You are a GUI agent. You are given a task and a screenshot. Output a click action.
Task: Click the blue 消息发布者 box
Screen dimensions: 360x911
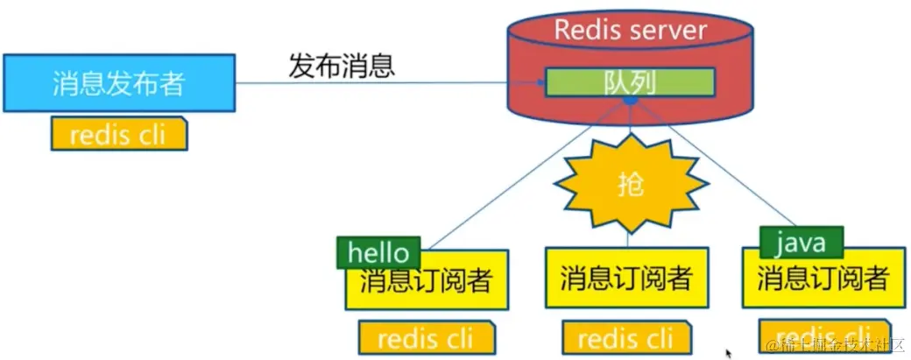118,83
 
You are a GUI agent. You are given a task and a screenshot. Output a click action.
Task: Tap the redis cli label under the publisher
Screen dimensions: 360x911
118,134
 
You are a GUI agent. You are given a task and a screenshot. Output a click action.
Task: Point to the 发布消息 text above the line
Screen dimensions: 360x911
342,65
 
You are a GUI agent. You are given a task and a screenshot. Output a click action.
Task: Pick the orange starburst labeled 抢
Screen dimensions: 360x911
632,183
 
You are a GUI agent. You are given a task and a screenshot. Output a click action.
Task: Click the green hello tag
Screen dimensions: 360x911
378,252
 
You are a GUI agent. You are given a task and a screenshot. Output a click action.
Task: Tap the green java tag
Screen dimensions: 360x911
801,242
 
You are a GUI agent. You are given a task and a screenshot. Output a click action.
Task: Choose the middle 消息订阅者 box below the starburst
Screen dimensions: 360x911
626,279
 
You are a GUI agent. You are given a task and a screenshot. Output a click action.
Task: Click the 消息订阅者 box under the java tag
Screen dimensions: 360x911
823,279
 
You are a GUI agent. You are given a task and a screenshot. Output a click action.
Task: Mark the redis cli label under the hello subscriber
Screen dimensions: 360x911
427,337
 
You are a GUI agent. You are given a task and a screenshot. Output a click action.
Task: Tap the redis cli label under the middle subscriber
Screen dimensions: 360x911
625,337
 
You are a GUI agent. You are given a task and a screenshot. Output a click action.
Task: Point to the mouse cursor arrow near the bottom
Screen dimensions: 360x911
729,353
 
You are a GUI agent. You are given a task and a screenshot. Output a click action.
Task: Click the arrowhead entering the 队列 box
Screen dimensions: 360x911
540,83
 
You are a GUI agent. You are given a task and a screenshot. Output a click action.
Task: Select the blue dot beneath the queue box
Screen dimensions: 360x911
629,102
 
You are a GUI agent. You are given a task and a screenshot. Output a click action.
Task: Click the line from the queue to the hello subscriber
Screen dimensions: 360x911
526,170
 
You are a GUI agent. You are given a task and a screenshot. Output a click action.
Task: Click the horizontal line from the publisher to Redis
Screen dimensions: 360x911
385,83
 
